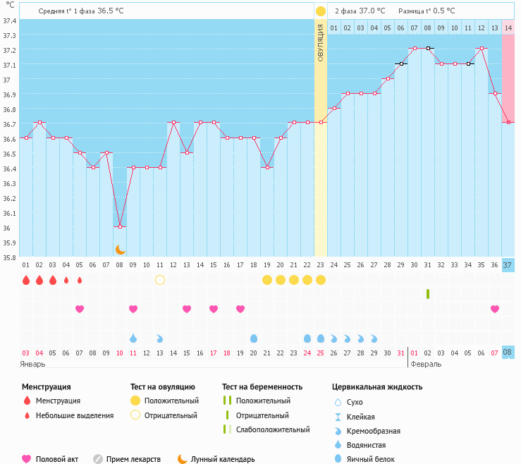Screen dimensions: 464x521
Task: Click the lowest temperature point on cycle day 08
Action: point(120,226)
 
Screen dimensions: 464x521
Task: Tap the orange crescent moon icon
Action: point(120,249)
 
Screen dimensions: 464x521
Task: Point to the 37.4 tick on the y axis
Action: point(9,20)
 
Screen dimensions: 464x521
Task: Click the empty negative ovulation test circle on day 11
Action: point(160,280)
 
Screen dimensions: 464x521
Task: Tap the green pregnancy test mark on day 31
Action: point(428,293)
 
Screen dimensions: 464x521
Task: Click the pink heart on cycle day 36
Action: point(495,309)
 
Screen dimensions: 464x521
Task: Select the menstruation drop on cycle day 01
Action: point(26,280)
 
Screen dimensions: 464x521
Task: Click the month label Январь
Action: point(32,364)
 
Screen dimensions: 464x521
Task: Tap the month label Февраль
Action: point(426,364)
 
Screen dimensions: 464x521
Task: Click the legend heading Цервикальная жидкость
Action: point(377,386)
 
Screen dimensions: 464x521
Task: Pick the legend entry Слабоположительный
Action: point(273,429)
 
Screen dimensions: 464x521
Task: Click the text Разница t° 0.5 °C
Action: point(426,11)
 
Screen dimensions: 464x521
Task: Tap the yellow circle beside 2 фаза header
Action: point(321,11)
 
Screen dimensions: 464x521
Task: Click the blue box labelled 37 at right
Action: point(508,265)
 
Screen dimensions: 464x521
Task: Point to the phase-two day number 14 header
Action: point(508,28)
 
